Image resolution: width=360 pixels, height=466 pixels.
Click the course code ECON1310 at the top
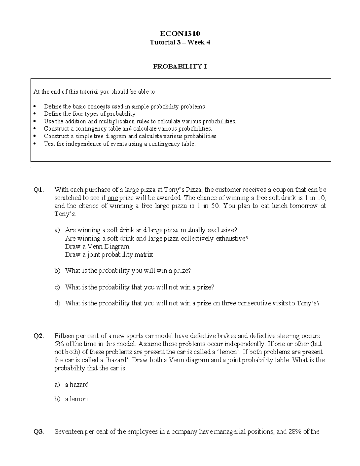180,33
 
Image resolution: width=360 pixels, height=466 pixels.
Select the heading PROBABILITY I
180,66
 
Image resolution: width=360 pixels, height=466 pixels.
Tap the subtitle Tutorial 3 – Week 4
180,42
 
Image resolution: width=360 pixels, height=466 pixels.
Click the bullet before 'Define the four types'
35,114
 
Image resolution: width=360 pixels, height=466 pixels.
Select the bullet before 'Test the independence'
35,144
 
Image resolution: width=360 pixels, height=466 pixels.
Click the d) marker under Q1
57,303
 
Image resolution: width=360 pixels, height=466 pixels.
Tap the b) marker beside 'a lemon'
57,399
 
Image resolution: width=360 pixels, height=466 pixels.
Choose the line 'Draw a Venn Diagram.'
98,247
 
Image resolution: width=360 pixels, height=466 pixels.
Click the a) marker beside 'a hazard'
57,385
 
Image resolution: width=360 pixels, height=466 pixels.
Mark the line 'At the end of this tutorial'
94,92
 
